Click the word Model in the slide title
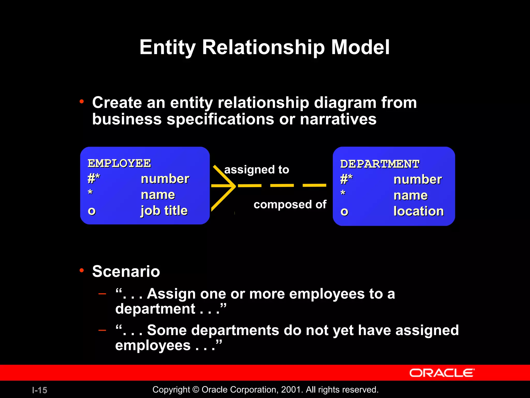point(360,47)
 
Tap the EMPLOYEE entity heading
point(119,163)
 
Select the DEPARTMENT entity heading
point(380,164)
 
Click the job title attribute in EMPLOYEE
point(164,210)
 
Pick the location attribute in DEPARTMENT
point(418,211)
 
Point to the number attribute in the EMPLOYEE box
point(165,179)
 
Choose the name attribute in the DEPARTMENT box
point(410,195)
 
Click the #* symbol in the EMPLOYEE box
point(93,178)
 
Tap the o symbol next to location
point(344,212)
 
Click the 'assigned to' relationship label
point(256,170)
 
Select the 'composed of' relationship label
point(290,204)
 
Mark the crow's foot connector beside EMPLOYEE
point(223,186)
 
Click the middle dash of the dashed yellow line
point(282,186)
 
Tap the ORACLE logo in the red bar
point(442,373)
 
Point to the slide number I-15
point(40,390)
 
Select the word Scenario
point(126,271)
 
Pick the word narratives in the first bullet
point(338,119)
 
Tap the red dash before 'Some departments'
point(102,330)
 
